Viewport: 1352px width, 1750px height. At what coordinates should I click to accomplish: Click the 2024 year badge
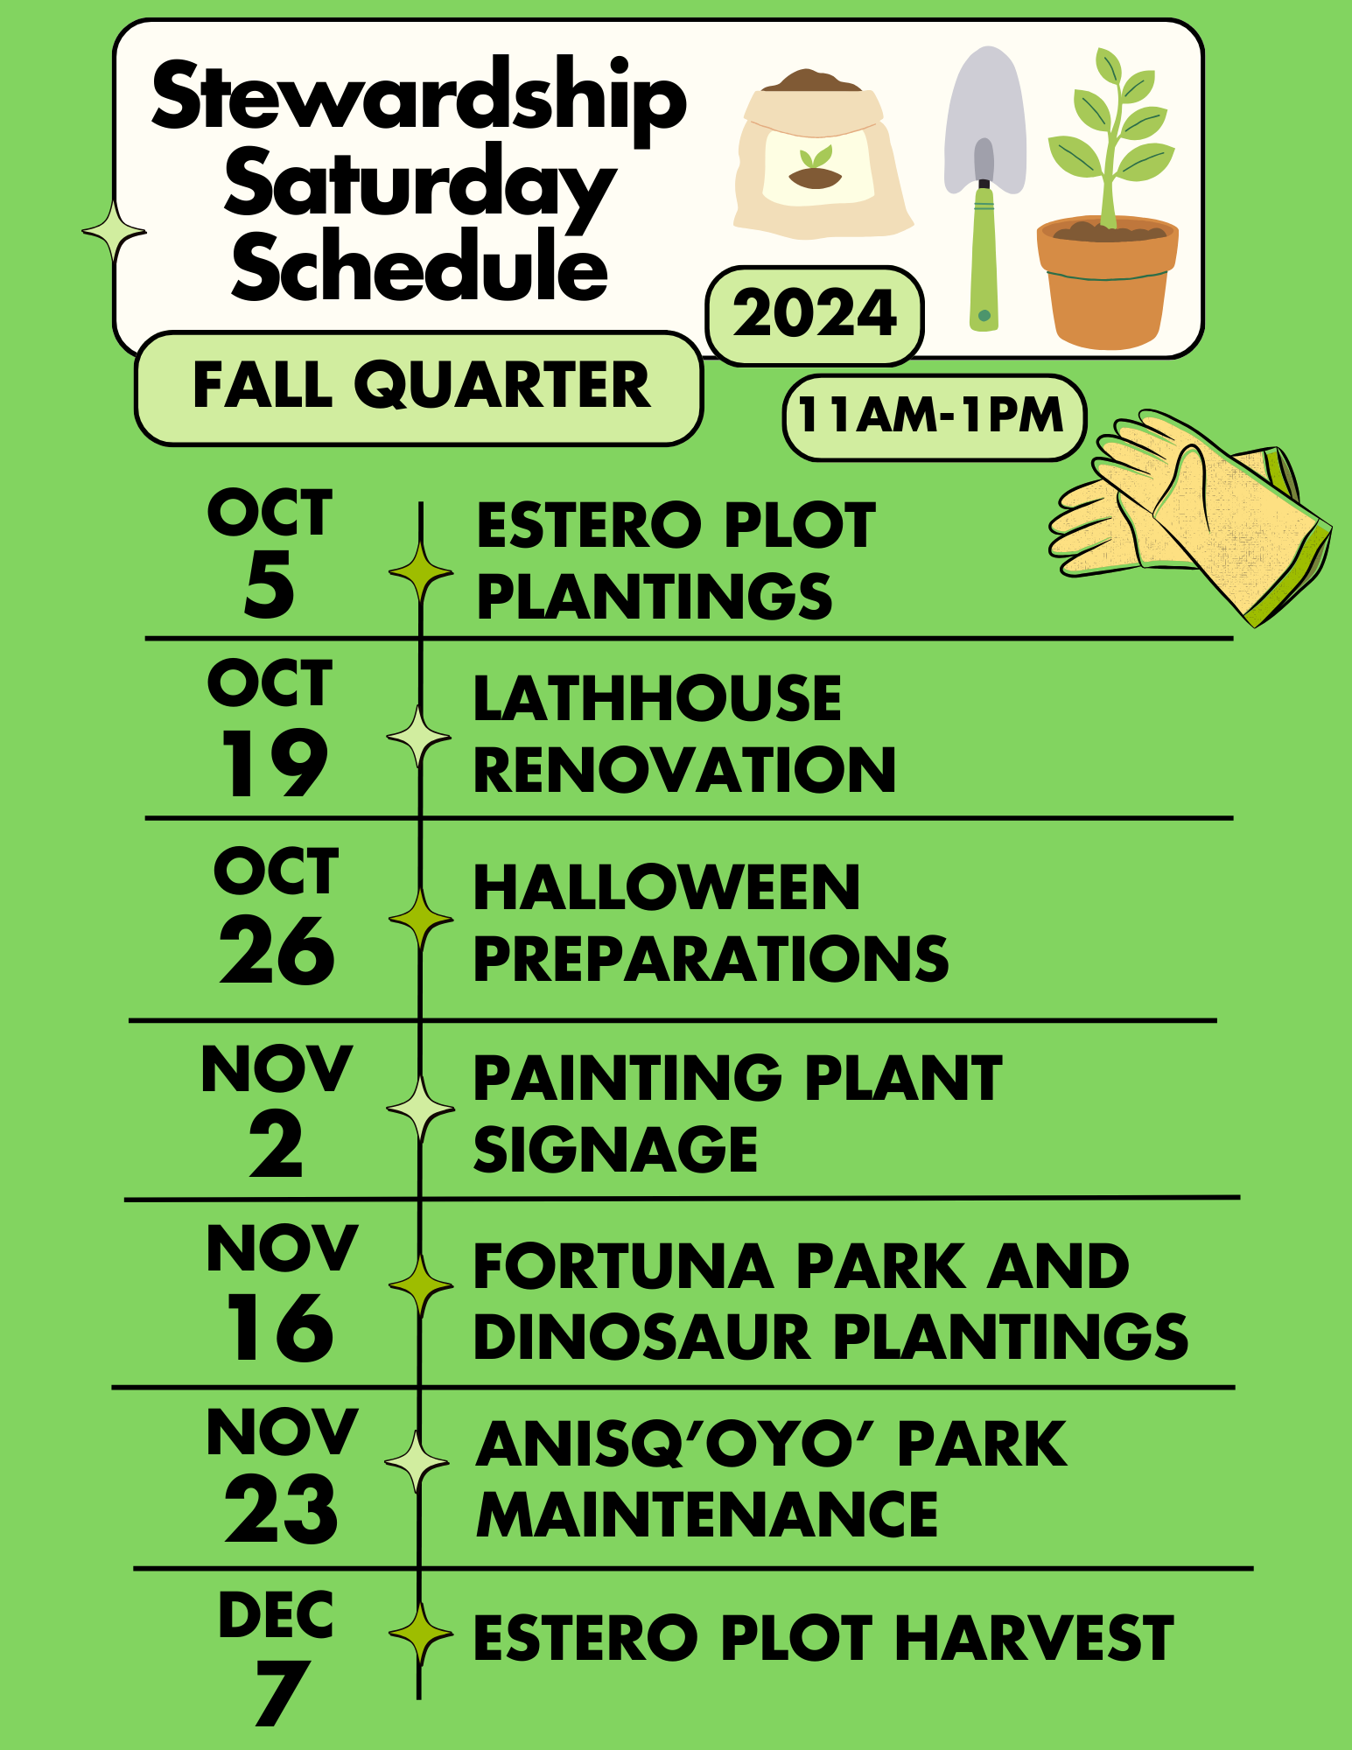click(x=815, y=315)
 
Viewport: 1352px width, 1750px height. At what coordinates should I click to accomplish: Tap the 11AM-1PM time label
click(x=933, y=416)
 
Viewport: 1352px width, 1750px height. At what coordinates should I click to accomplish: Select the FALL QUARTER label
click(x=420, y=387)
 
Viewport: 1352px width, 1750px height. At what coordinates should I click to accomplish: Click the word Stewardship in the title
click(x=418, y=98)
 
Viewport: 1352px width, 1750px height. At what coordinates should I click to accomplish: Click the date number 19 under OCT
click(x=273, y=764)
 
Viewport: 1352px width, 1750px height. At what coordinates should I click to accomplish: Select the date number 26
click(x=277, y=952)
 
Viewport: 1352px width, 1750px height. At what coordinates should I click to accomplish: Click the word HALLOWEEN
click(x=667, y=888)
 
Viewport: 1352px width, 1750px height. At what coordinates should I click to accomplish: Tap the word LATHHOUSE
click(x=657, y=699)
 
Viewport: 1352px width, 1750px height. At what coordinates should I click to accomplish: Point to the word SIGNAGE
click(x=615, y=1150)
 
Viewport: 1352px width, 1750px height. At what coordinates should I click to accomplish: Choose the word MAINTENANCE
click(x=707, y=1516)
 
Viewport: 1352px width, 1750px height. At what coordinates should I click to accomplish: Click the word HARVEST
click(x=1034, y=1639)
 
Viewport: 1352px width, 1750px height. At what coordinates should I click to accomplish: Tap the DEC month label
click(x=276, y=1615)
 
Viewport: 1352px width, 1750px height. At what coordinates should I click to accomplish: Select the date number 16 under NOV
click(x=280, y=1329)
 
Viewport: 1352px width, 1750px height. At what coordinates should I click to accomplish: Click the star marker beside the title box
click(x=114, y=232)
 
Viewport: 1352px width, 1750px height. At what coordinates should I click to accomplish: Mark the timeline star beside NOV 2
click(x=420, y=1109)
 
